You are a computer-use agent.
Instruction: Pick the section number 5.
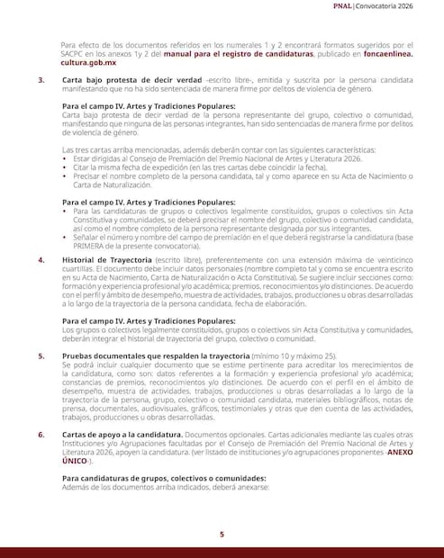coord(41,355)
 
